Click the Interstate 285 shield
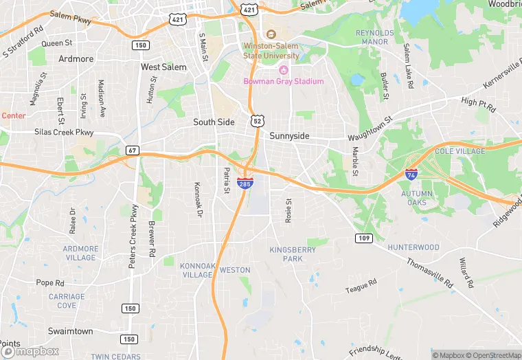point(245,183)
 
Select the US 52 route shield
point(256,120)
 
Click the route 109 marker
point(364,238)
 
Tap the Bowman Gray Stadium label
point(283,81)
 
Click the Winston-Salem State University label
point(271,51)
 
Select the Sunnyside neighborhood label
point(289,136)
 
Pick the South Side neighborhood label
point(214,122)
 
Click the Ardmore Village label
point(80,253)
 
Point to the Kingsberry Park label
point(293,254)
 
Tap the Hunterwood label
point(413,247)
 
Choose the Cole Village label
point(459,151)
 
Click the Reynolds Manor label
point(375,37)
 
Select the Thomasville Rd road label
point(430,272)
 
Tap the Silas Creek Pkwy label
point(64,131)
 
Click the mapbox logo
point(30,350)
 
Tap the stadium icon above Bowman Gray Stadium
point(283,69)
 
